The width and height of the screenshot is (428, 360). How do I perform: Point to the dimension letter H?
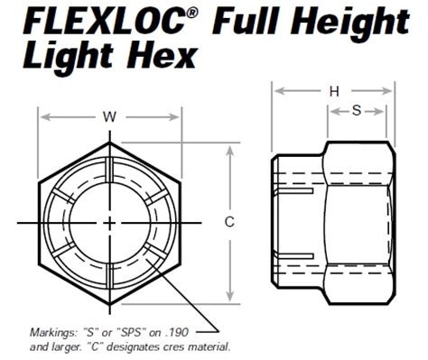334,91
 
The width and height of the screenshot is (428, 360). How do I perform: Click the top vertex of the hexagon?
110,142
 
